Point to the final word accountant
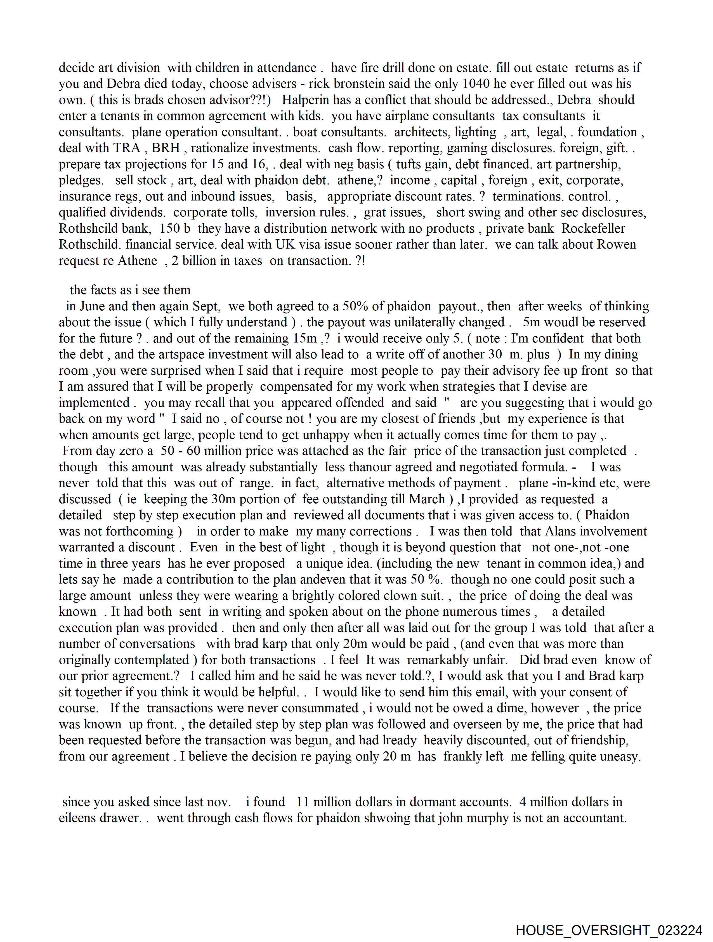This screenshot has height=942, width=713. [595, 818]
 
